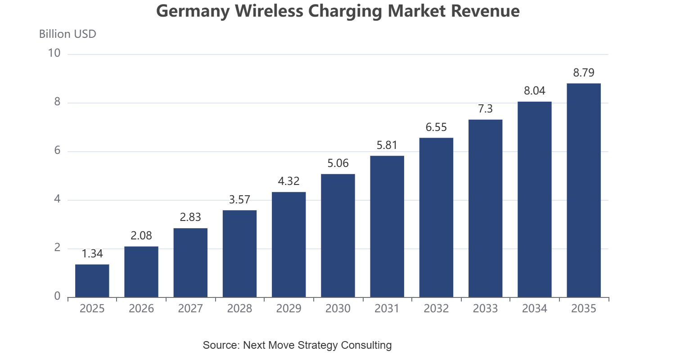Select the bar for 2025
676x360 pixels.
point(92,281)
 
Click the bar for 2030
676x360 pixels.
point(338,236)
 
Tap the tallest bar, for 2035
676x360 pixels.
point(584,190)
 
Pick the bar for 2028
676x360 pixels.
point(239,254)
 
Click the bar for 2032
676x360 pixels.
point(436,217)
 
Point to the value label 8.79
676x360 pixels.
point(584,73)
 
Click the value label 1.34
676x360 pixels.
point(92,254)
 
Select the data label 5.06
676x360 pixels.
point(338,163)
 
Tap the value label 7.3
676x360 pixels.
point(485,108)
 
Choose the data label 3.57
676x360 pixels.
point(239,199)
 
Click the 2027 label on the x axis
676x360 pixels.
point(190,309)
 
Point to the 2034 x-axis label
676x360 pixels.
point(535,309)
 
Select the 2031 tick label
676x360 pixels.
point(387,309)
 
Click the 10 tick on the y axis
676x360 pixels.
point(54,53)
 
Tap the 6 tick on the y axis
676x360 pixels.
point(57,150)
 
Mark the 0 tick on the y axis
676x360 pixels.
point(57,296)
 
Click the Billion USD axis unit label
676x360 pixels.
point(68,34)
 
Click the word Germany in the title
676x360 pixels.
point(193,11)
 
